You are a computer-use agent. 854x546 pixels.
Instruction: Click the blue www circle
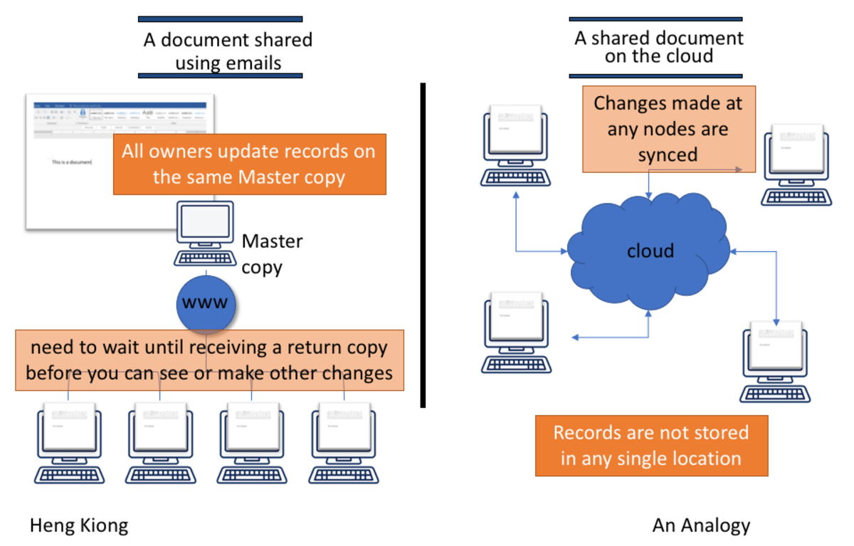click(x=206, y=303)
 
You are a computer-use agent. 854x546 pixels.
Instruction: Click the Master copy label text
click(x=272, y=254)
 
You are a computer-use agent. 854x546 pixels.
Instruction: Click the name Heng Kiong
click(x=79, y=526)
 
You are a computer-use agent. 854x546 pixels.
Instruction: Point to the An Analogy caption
click(x=701, y=526)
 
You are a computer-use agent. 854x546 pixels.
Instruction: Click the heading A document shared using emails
click(x=228, y=50)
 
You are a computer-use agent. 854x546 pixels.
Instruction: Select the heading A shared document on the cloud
click(x=658, y=47)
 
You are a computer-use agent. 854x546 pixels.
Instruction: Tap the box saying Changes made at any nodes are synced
click(x=668, y=129)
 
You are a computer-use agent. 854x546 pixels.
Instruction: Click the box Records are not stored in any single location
click(x=651, y=446)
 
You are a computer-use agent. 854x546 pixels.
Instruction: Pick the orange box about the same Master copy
click(x=249, y=164)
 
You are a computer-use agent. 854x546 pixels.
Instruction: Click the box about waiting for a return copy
click(x=209, y=360)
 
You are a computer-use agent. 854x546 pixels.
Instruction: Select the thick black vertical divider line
click(x=423, y=246)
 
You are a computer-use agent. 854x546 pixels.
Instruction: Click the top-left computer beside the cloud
click(x=515, y=146)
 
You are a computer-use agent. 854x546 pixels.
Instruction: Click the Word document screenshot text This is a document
click(x=72, y=162)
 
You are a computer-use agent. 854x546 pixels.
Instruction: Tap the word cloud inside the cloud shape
click(x=650, y=251)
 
